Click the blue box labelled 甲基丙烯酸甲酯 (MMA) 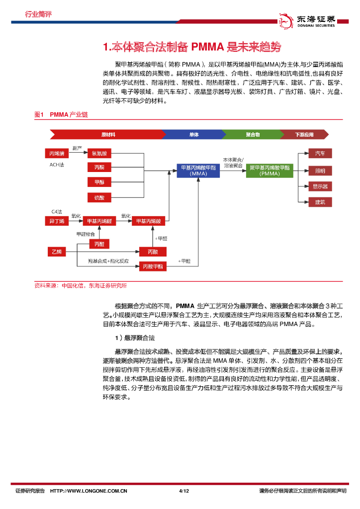198,170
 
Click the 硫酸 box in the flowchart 99,197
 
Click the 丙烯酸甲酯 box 153,266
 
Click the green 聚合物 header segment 253,134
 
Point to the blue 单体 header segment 193,134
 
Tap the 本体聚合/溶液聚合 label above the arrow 233,161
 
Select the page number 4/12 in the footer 184,491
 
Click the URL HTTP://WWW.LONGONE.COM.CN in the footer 89,491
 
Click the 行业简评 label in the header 38,14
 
